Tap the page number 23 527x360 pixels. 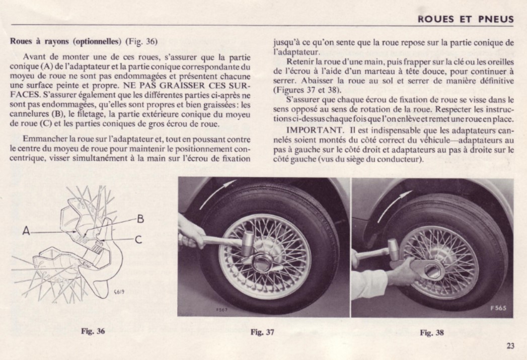pos(511,345)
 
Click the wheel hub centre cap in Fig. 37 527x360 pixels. pos(265,262)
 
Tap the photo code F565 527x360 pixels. pos(500,308)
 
